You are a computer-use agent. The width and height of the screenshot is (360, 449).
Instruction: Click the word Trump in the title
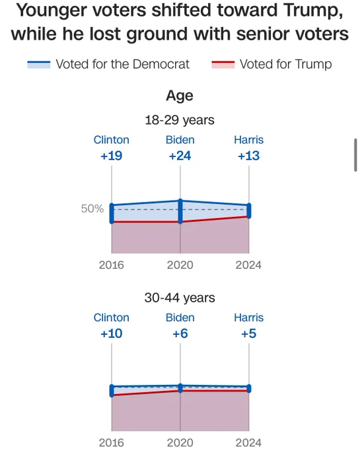313,11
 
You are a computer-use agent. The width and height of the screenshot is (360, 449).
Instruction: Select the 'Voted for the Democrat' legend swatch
39,64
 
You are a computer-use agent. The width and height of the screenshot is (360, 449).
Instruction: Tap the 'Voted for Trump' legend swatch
223,64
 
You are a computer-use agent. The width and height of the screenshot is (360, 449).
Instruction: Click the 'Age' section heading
180,96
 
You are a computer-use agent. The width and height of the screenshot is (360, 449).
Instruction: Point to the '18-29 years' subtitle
180,120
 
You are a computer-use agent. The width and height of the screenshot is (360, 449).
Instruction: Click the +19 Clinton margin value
112,156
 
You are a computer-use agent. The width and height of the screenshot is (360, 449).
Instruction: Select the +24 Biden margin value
180,156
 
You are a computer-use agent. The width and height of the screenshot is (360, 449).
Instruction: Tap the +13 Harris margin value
248,156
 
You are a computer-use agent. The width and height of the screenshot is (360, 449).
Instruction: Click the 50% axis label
92,209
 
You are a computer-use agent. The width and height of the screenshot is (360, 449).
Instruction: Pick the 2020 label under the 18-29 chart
180,265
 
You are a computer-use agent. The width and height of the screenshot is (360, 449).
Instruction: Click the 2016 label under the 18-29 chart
112,265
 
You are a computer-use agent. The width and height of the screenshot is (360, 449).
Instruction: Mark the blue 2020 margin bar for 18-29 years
180,211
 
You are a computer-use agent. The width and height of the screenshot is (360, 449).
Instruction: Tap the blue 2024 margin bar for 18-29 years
249,211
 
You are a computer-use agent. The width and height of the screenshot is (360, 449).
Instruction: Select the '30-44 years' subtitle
180,298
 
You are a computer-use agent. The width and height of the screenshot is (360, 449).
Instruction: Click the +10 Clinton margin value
112,333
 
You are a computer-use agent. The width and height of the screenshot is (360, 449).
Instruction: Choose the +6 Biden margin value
180,333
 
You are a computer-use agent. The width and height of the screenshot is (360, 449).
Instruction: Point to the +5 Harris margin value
248,333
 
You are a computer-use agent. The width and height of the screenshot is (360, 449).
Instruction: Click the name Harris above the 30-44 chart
248,318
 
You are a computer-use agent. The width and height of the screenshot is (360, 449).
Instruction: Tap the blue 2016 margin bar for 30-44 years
112,391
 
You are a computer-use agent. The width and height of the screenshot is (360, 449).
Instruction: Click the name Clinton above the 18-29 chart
112,140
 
